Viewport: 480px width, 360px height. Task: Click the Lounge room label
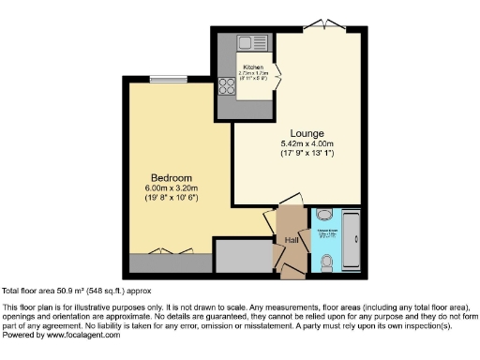pyautogui.click(x=307, y=132)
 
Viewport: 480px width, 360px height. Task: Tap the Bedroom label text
pyautogui.click(x=172, y=178)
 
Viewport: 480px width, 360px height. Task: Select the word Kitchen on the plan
pyautogui.click(x=253, y=67)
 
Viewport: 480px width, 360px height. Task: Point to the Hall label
pyautogui.click(x=292, y=240)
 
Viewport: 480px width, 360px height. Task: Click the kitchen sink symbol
pyautogui.click(x=252, y=43)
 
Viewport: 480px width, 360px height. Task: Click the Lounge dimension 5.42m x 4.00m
pyautogui.click(x=307, y=142)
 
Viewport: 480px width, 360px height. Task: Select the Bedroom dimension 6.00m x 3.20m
pyautogui.click(x=172, y=188)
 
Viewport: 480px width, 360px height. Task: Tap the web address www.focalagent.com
pyautogui.click(x=87, y=335)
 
